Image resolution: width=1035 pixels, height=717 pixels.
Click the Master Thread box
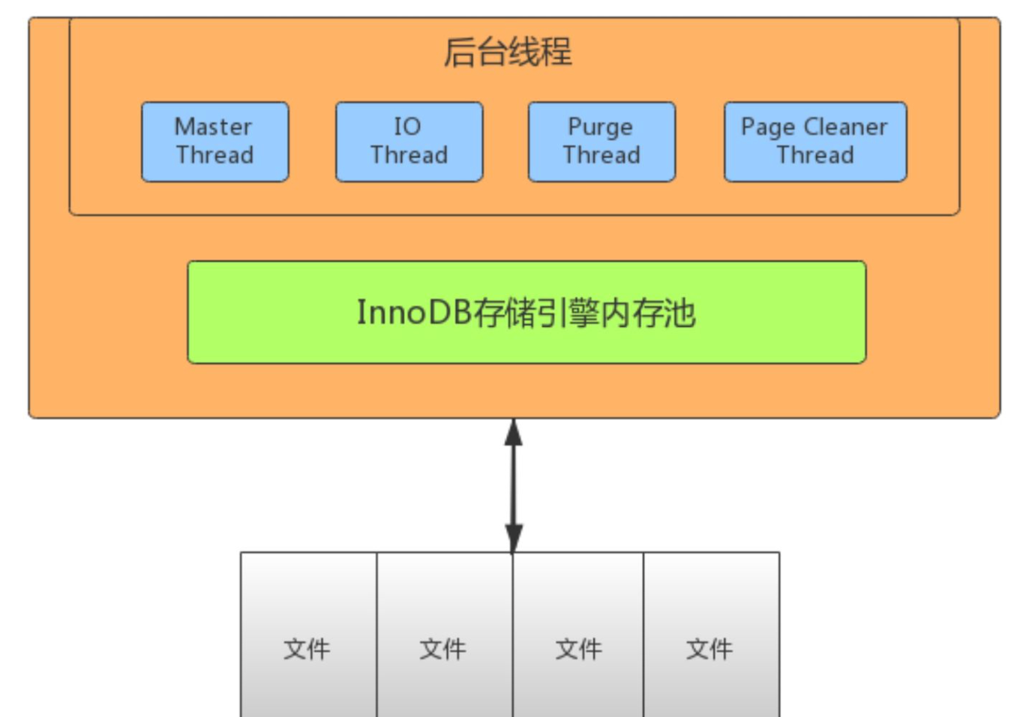tap(214, 142)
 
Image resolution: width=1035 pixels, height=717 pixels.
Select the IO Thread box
tap(409, 142)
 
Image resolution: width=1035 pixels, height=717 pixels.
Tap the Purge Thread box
tap(601, 142)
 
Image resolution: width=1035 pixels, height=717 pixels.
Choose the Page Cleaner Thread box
tap(815, 142)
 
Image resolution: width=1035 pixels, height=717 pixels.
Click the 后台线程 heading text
tap(508, 52)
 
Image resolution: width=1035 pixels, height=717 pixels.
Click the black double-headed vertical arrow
tap(514, 486)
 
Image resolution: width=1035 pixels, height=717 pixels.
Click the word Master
tap(213, 127)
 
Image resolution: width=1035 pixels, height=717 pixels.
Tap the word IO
tap(408, 127)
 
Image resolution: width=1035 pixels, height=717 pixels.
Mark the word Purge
tap(600, 127)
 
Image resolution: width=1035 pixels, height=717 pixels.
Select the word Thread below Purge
tap(601, 155)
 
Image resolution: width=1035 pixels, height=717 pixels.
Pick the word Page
tap(768, 127)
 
